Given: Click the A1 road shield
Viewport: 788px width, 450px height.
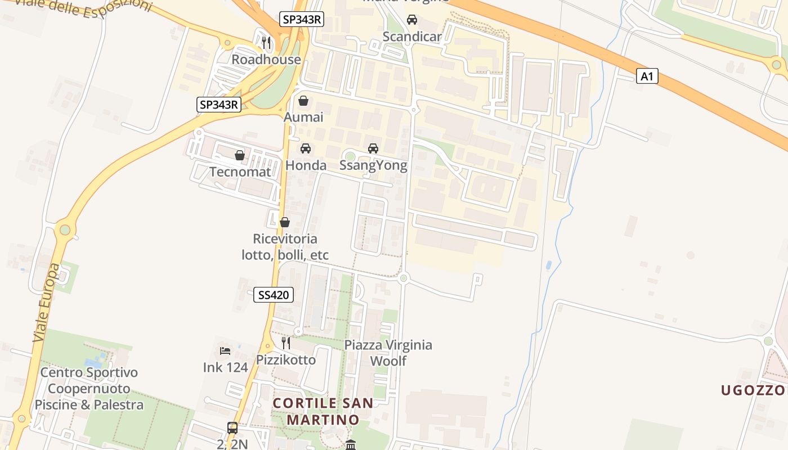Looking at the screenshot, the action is (x=647, y=76).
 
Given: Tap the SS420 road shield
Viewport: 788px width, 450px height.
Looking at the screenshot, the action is (x=274, y=295).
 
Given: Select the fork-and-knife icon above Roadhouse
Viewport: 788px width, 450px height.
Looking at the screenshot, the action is (x=266, y=43).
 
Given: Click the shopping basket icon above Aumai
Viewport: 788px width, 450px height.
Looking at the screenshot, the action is (x=303, y=101).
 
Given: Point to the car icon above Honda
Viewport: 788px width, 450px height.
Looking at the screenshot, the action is (x=305, y=148).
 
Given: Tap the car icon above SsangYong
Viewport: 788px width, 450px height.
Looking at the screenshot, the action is (x=373, y=148).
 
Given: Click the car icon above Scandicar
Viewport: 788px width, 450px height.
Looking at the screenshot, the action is (x=412, y=20).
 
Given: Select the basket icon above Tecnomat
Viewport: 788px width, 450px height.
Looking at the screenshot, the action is (x=240, y=155).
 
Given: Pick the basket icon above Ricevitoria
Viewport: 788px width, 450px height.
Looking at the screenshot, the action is (x=285, y=222).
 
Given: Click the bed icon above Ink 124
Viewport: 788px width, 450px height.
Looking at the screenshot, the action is (x=225, y=351).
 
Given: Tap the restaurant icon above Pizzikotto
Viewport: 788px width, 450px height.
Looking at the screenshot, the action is (x=286, y=343).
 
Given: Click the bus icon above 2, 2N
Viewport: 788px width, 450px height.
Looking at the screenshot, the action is (x=232, y=428).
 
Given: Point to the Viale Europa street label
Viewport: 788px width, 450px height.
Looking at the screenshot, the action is (x=46, y=303).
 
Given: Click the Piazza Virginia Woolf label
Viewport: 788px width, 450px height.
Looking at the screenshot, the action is (x=388, y=353).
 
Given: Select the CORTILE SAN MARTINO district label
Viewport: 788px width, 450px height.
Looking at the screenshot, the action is (x=323, y=411).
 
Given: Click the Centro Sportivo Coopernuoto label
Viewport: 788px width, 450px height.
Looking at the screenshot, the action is (x=89, y=388).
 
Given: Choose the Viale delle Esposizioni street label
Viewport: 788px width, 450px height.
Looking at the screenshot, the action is (x=83, y=6).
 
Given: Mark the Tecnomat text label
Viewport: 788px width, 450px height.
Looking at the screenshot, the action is (x=240, y=172).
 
